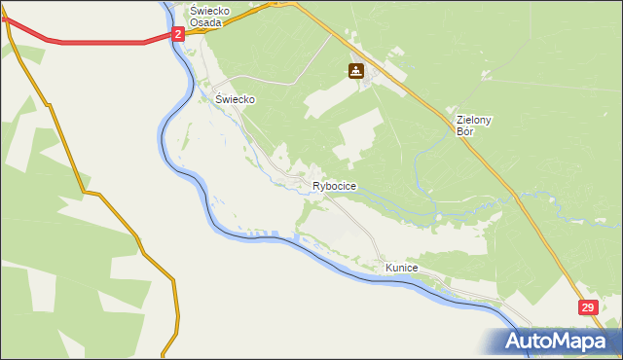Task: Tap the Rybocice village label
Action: tap(334, 186)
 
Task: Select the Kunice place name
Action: tap(401, 267)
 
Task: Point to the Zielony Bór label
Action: tap(474, 125)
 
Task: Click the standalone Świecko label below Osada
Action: tap(235, 99)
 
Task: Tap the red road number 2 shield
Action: tap(178, 34)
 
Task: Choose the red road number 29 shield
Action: tap(588, 307)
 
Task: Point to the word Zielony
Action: tap(474, 120)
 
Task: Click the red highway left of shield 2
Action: tap(97, 42)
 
